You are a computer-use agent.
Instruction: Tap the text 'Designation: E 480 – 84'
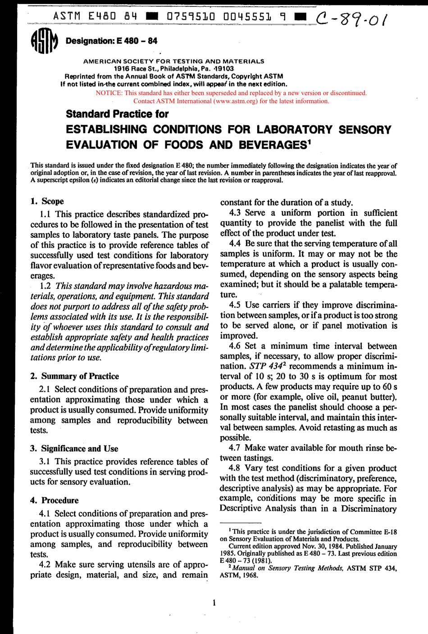111,41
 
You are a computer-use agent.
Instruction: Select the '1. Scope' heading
47,201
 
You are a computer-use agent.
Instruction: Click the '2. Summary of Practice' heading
74,376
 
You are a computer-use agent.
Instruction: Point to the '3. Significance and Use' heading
74,448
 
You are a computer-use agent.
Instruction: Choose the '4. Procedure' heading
54,500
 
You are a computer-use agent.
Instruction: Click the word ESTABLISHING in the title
106,129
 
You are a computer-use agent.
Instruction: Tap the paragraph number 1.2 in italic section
45,286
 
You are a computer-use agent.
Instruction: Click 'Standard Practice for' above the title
117,114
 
